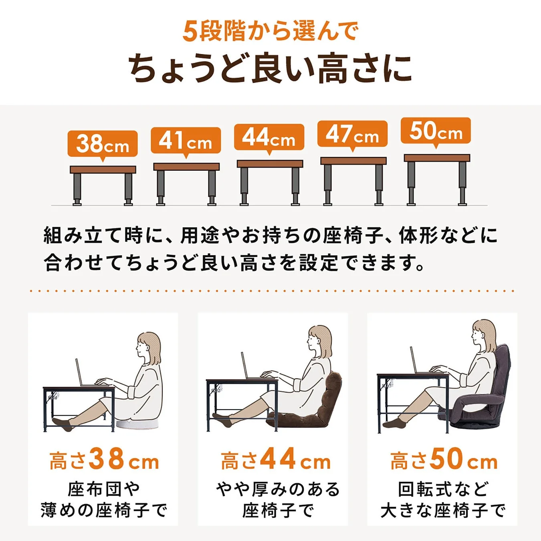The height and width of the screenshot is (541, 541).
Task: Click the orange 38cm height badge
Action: coord(103,143)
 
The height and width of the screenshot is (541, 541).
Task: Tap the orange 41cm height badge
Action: coord(186,140)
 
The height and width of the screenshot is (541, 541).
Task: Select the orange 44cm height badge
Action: coord(269,137)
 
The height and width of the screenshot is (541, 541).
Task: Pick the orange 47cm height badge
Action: coord(352,134)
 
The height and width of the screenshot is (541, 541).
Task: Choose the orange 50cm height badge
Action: coord(436,131)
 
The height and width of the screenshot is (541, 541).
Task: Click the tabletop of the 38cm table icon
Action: coord(103,170)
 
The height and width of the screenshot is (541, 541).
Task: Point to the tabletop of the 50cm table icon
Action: coord(437,158)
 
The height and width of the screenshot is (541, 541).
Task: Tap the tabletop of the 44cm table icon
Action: coord(270,164)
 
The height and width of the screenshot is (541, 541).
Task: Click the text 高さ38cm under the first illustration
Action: coord(104,460)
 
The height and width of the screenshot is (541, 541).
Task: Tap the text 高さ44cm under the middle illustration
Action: coord(276,460)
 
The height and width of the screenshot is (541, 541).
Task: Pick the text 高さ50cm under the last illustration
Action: coord(444,460)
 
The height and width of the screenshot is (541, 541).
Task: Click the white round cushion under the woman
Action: coord(136,424)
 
